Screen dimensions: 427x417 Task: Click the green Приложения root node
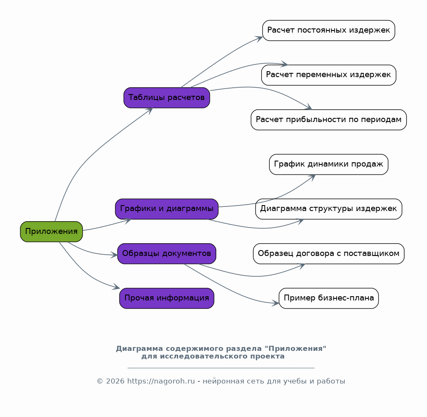coord(51,232)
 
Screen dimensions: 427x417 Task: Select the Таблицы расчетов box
coord(167,98)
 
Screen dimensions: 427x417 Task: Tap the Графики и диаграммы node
coord(167,209)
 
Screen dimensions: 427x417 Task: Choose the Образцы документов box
coord(167,254)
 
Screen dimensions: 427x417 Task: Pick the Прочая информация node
coord(167,298)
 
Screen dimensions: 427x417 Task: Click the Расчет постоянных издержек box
coord(329,31)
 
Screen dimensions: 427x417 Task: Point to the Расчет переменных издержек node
coord(329,75)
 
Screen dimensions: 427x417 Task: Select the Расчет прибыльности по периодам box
coord(329,120)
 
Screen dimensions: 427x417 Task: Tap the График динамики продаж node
coord(329,164)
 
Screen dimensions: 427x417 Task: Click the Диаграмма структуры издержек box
coord(329,209)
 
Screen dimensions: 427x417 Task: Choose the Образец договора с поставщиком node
coord(329,254)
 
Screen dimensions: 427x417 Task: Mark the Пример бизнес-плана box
coord(329,298)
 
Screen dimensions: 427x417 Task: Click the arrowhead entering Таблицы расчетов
coord(149,111)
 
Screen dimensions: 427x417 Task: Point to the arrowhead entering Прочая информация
coord(116,287)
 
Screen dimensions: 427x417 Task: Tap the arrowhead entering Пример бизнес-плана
coord(275,303)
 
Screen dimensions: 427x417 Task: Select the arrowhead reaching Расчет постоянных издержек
coord(259,39)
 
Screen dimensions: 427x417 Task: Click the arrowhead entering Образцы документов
coord(114,255)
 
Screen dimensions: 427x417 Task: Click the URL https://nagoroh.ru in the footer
coord(161,381)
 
